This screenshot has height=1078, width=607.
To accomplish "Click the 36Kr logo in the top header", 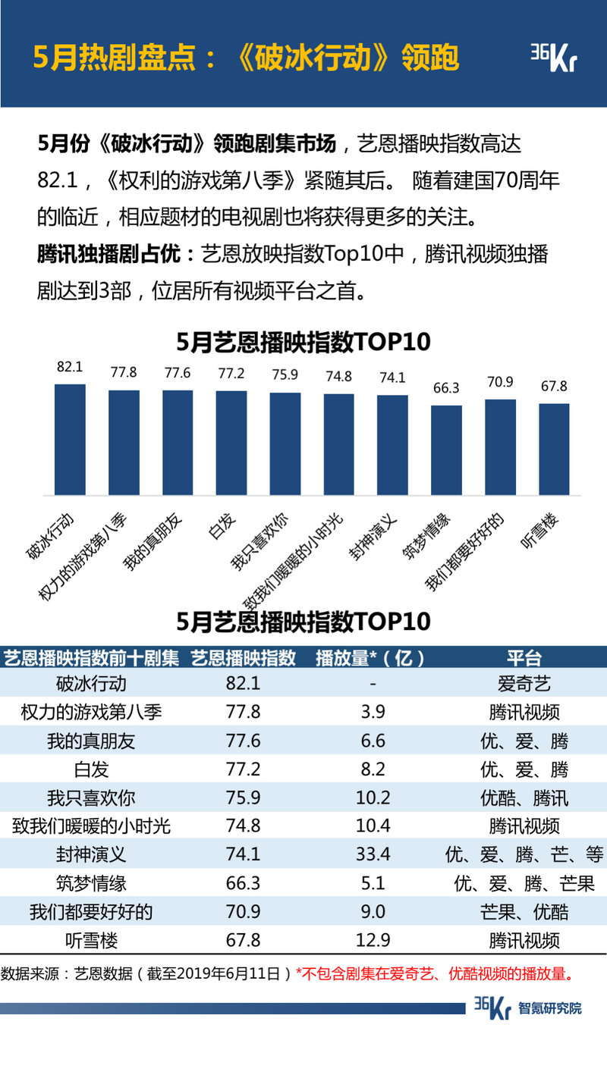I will (552, 58).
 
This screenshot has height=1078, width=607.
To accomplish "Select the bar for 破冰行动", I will (70, 440).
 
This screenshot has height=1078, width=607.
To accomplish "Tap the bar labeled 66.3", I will (446, 450).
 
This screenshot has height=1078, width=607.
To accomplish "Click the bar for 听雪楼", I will (554, 450).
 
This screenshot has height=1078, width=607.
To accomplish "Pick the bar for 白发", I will (231, 443).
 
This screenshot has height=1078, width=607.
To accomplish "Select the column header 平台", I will (524, 657).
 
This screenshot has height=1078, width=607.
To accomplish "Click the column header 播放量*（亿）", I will (372, 657).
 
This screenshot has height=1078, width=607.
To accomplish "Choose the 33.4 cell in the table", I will (373, 854).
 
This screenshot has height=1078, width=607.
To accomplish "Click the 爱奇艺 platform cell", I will (524, 684).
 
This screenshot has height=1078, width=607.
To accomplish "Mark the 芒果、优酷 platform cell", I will (524, 911).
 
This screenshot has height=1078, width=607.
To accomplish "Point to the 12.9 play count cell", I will (373, 940).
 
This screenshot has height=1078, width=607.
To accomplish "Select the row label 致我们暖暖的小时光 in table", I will (92, 826).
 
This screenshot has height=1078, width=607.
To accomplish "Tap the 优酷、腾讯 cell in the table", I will (524, 798).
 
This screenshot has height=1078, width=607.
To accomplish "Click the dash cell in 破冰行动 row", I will (373, 684).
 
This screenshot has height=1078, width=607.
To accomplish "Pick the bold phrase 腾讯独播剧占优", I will (110, 254).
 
